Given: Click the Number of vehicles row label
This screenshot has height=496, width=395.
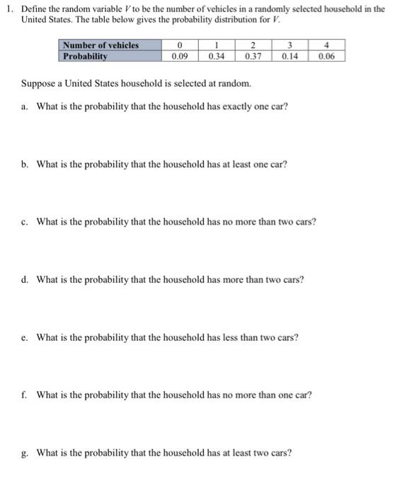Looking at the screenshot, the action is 101,45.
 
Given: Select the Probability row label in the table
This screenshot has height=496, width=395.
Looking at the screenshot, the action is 85,55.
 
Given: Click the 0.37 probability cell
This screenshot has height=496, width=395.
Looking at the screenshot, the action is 253,55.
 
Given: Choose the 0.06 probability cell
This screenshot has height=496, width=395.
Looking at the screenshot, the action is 327,55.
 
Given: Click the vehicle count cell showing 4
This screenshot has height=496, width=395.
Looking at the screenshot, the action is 327,45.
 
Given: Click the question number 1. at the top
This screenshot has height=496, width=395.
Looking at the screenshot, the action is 9,8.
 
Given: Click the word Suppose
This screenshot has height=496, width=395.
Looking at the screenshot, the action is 38,84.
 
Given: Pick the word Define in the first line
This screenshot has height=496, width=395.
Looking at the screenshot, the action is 33,8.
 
